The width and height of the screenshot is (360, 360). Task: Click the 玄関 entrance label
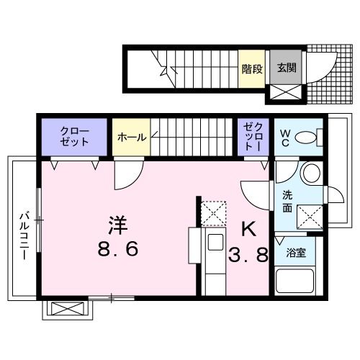pyautogui.click(x=287, y=68)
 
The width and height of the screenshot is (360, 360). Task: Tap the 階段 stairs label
pyautogui.click(x=251, y=68)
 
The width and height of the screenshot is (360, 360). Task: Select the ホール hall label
pyautogui.click(x=130, y=137)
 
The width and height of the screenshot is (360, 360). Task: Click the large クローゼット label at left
pyautogui.click(x=75, y=136)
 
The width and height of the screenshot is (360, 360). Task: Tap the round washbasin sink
pyautogui.click(x=311, y=174)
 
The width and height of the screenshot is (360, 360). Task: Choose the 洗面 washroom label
pyautogui.click(x=287, y=201)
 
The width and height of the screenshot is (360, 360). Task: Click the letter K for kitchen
pyautogui.click(x=248, y=230)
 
